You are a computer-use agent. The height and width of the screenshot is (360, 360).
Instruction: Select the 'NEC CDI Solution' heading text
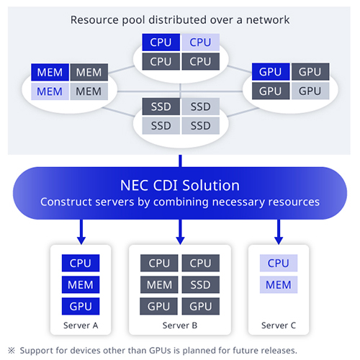click(179, 185)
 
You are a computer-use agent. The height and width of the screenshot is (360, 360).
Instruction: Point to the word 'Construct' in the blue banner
click(66, 202)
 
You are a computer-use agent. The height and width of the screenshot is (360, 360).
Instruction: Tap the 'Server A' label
click(81, 325)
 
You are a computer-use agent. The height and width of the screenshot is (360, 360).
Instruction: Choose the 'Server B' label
click(180, 325)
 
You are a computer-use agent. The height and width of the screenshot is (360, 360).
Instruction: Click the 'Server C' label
click(278, 325)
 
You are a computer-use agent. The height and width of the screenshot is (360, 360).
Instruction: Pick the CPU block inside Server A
click(81, 264)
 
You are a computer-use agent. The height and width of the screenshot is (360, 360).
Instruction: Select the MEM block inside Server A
click(81, 285)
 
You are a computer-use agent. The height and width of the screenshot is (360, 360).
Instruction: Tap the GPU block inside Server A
click(81, 307)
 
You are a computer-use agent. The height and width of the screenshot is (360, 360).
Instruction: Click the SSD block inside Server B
click(201, 285)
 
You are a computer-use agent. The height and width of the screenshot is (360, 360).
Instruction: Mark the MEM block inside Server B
click(159, 285)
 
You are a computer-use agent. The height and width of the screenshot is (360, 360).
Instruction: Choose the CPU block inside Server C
click(278, 264)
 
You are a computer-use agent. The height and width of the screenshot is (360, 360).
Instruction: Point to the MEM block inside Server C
click(278, 285)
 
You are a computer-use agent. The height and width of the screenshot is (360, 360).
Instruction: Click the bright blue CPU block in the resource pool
click(161, 42)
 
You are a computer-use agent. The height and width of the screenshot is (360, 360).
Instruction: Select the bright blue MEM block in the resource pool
click(50, 73)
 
